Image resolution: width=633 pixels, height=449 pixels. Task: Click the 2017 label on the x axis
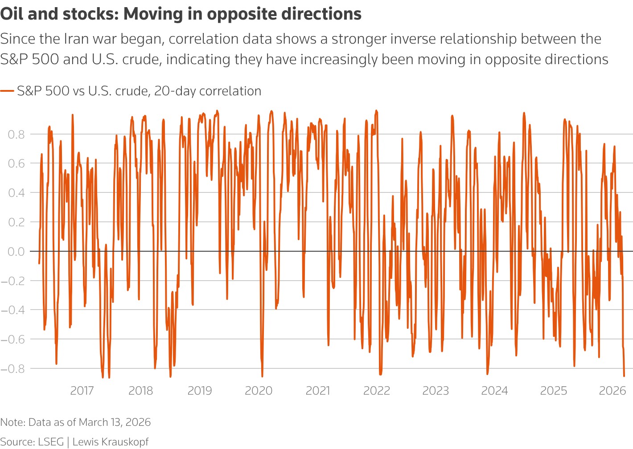(x=82, y=391)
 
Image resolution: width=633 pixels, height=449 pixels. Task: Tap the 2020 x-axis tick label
(x=259, y=391)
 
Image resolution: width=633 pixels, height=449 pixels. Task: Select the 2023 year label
(x=436, y=391)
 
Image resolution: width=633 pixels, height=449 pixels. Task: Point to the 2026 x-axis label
(x=612, y=391)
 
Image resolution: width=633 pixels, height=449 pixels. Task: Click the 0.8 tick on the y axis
(x=16, y=134)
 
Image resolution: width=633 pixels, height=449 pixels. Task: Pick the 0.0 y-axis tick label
(x=16, y=251)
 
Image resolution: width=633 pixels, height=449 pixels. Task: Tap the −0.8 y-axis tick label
(x=13, y=368)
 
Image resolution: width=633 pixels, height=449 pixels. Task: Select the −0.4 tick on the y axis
(x=13, y=310)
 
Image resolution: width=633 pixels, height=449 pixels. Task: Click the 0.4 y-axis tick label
(x=16, y=192)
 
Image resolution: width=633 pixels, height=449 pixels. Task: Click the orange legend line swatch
(x=7, y=91)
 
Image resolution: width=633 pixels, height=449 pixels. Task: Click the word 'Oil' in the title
(x=12, y=14)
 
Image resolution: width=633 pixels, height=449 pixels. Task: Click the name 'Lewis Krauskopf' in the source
(x=110, y=442)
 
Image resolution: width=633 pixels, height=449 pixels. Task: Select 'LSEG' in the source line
(x=51, y=442)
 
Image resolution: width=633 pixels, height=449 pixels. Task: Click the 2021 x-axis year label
(x=318, y=391)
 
